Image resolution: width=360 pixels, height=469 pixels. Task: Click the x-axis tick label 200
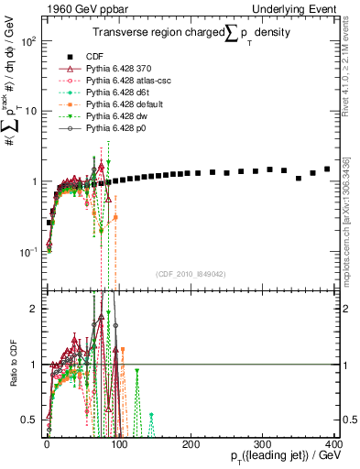pyautogui.click(x=191, y=443)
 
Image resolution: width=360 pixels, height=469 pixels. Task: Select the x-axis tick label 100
pyautogui.click(x=119, y=443)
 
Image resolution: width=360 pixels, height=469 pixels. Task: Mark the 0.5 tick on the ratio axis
pyautogui.click(x=33, y=420)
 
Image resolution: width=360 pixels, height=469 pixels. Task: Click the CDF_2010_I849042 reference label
pyautogui.click(x=191, y=274)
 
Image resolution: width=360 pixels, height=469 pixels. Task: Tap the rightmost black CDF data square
pyautogui.click(x=327, y=169)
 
